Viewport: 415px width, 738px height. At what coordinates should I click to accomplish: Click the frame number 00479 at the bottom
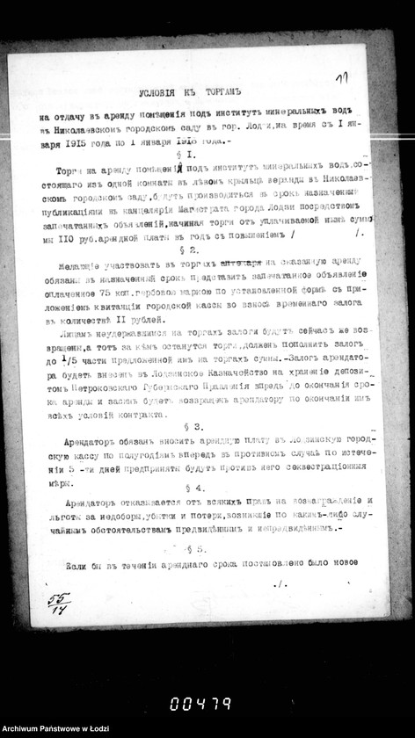[201, 702]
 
